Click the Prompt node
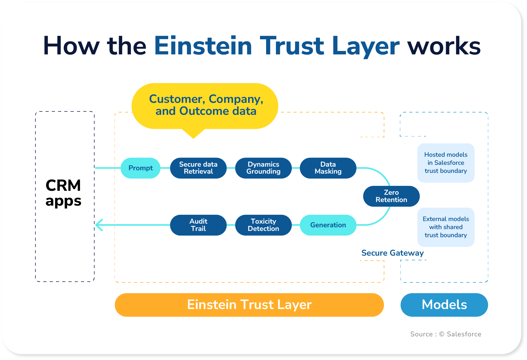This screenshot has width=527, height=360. pos(140,168)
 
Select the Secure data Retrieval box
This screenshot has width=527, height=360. pos(198,168)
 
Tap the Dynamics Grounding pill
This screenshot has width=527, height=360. pos(263,168)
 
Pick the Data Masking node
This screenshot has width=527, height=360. pos(328,168)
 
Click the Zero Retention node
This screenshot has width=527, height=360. pos(391,196)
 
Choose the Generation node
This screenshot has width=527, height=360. pos(328,225)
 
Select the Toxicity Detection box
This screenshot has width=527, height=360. pos(263,225)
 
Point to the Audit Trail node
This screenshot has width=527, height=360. pos(198,225)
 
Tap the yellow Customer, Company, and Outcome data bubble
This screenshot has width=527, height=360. pos(205,105)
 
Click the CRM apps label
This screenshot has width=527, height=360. pos(63,193)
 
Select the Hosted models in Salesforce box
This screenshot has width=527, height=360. pos(446,163)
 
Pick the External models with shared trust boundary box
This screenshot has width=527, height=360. pos(446,227)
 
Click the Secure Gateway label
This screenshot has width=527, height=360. pos(392,253)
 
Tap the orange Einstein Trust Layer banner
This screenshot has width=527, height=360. pos(249,305)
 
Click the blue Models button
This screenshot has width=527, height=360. pos(444,305)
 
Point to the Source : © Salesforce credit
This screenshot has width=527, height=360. pos(446,334)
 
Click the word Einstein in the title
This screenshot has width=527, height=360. pos(203,46)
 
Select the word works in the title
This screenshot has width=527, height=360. pos(444,46)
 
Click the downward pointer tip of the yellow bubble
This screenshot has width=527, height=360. pos(193,137)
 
